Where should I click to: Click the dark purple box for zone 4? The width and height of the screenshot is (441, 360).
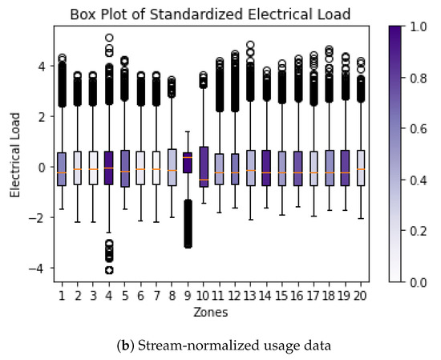108,168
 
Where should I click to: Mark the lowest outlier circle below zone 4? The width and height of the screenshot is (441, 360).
108,270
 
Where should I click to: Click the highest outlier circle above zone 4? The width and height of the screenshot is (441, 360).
108,38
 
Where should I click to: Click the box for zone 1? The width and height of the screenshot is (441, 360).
61,168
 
